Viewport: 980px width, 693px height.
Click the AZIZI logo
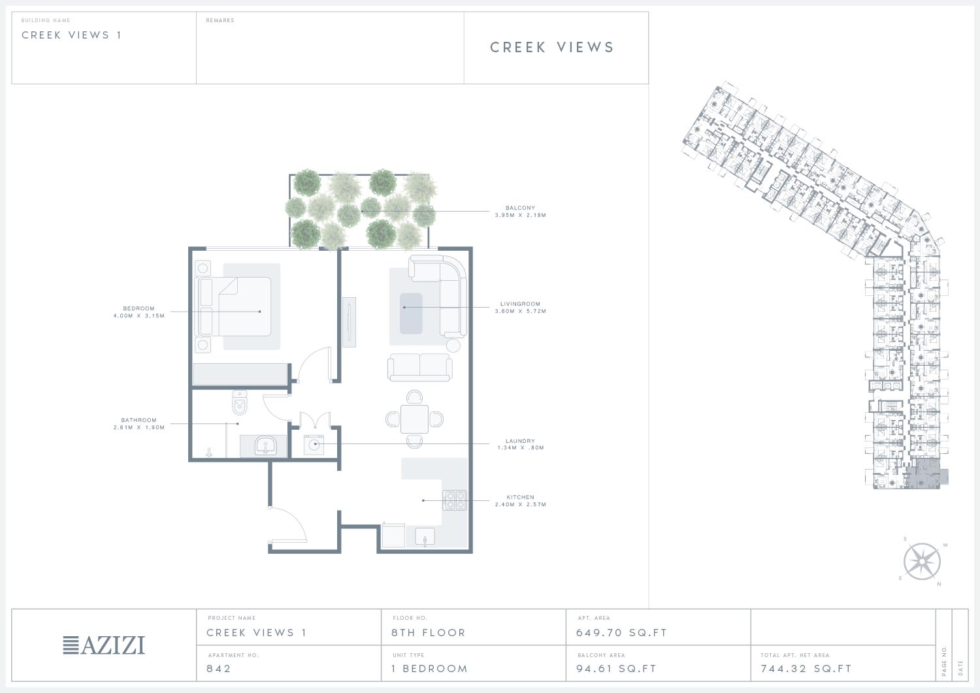click(x=104, y=645)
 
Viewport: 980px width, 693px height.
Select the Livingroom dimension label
click(x=520, y=311)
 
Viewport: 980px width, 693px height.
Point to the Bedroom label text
click(x=139, y=308)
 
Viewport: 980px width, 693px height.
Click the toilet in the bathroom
click(x=239, y=402)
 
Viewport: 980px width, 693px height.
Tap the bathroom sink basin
click(x=265, y=445)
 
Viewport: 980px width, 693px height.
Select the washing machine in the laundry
click(x=314, y=445)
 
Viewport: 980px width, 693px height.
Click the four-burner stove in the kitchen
click(x=455, y=500)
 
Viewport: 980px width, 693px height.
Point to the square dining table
click(x=414, y=419)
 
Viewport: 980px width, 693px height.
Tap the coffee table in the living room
click(x=411, y=314)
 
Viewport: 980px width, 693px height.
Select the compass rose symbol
click(x=922, y=561)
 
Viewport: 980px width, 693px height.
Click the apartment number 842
click(x=218, y=668)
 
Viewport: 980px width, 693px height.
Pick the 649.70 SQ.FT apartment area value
click(x=621, y=633)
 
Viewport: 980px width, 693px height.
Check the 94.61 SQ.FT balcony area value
click(x=616, y=668)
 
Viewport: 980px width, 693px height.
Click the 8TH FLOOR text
click(x=429, y=633)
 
